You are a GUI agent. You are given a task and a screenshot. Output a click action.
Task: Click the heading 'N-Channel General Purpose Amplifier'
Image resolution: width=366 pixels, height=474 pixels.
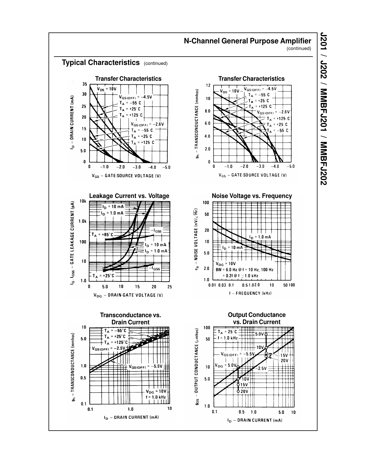pos(247,41)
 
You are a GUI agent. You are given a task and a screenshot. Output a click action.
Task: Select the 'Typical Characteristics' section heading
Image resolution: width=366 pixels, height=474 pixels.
pos(101,63)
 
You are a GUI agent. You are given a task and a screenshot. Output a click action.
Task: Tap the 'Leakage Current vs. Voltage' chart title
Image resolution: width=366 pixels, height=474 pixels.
pos(129,196)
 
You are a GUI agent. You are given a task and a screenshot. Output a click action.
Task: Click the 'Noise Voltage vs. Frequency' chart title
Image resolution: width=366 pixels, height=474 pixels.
pos(252,196)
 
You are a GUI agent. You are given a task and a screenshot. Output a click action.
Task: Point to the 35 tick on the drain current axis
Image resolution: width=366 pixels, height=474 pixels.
pos(85,84)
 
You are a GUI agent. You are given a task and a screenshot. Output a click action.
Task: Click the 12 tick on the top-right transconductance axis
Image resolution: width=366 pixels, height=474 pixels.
pos(208,86)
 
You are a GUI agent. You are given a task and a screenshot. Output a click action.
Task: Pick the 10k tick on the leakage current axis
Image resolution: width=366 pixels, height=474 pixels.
pos(83,201)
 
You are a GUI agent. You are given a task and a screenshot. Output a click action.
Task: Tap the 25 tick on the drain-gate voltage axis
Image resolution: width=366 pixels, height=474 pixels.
pos(169,287)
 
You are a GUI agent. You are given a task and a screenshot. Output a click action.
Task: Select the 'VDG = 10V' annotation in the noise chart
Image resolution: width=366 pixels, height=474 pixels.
pos(226,264)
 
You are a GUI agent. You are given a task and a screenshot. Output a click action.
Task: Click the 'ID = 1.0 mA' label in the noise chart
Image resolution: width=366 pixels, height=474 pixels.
pos(260,237)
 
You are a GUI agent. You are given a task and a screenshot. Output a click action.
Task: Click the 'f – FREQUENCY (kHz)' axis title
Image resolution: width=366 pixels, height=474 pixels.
pos(250,293)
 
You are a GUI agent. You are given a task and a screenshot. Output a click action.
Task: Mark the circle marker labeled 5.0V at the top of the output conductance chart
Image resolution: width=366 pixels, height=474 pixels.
pos(266,334)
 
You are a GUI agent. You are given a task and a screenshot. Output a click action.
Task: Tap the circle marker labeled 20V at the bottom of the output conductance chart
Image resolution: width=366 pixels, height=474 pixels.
pos(238,391)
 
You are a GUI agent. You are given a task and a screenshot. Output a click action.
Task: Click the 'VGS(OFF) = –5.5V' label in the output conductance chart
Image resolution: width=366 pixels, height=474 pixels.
pos(238,354)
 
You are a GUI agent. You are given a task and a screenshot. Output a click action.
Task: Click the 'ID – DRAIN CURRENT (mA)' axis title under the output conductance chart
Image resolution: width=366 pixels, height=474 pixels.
pos(255,420)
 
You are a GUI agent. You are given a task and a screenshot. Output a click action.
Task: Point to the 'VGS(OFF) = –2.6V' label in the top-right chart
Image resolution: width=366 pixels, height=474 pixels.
pos(273,112)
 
